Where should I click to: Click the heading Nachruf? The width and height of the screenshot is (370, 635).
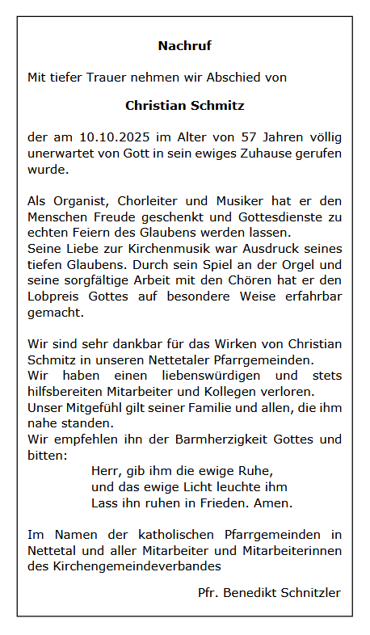[x=184, y=46]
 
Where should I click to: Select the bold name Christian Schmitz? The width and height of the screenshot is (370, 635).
[x=184, y=106]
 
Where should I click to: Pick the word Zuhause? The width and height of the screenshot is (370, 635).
[x=266, y=154]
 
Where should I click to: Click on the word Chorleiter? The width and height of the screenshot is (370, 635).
[x=146, y=201]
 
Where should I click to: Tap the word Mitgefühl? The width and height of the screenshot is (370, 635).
[x=91, y=407]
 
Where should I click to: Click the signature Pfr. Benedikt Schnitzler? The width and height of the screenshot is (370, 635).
[x=269, y=593]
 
